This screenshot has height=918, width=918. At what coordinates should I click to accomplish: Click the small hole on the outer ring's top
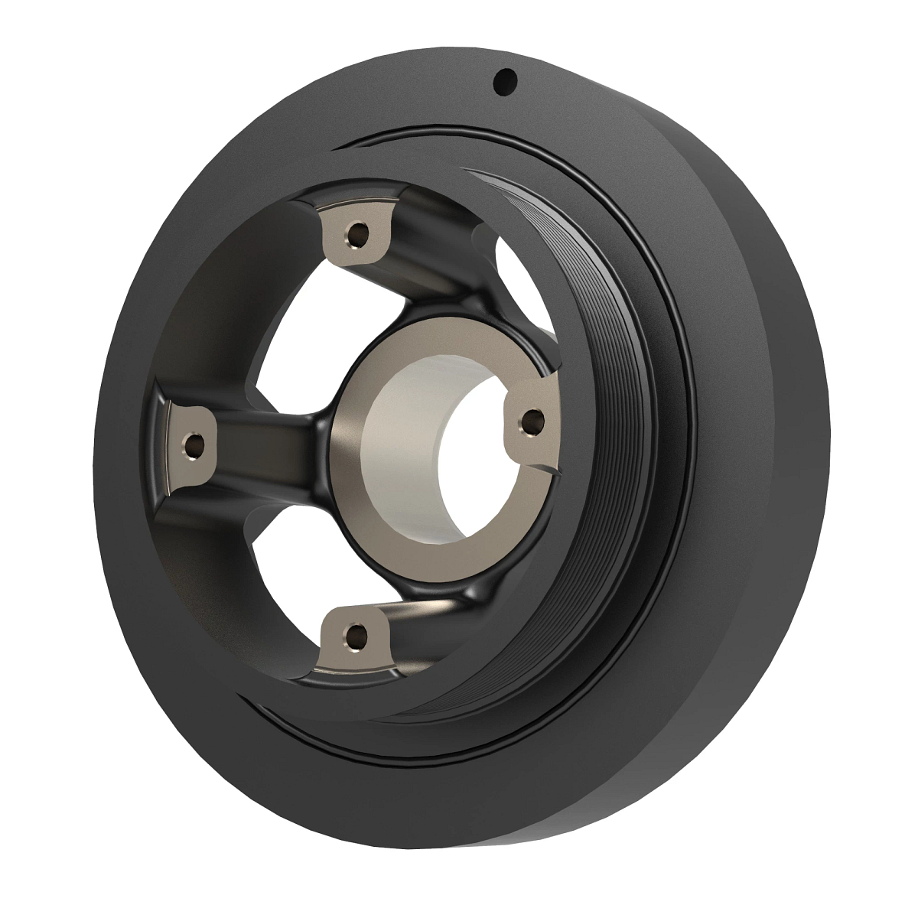506,80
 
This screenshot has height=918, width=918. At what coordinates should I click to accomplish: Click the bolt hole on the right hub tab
531,420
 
